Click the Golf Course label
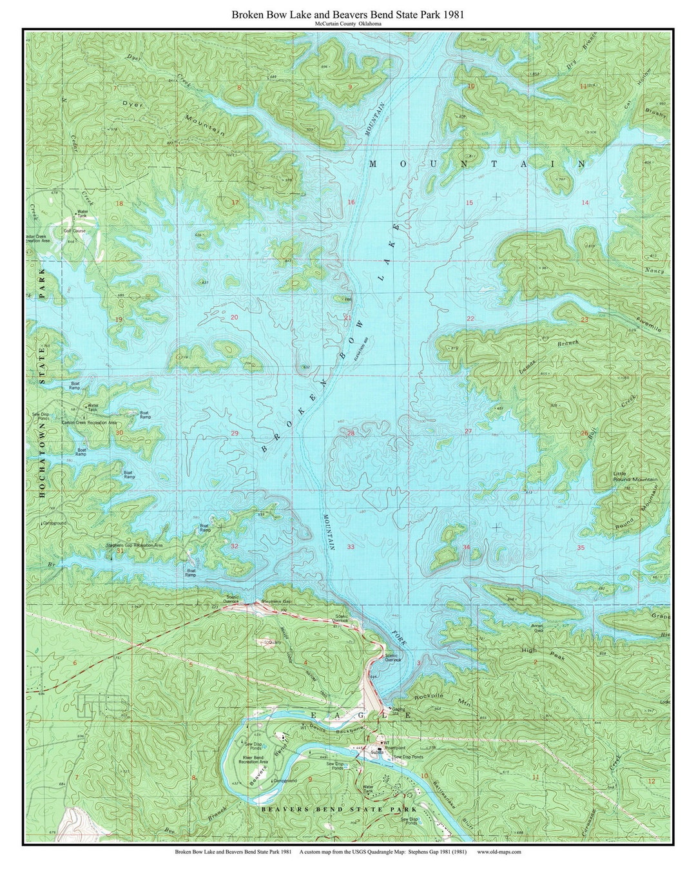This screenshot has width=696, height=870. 74,230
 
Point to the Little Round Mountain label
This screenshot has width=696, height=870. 635,476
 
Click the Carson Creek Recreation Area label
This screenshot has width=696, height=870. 89,422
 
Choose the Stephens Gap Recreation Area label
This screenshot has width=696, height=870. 135,545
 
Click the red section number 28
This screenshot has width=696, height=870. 351,433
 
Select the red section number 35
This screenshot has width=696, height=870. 581,548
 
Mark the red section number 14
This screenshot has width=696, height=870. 585,203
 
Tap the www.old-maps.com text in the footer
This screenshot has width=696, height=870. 499,851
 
